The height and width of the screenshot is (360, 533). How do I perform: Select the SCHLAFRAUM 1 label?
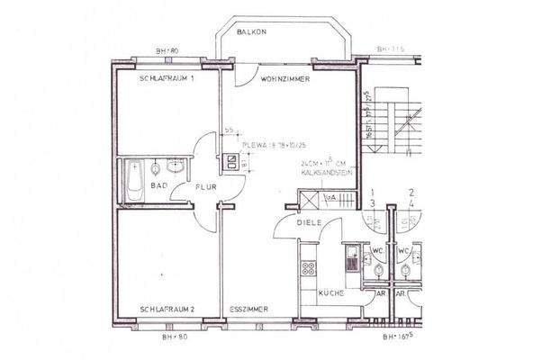167,79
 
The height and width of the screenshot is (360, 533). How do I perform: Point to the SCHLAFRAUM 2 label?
167,309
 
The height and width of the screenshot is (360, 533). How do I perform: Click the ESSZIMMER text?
249,309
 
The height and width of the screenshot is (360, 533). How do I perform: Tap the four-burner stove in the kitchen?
310,268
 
